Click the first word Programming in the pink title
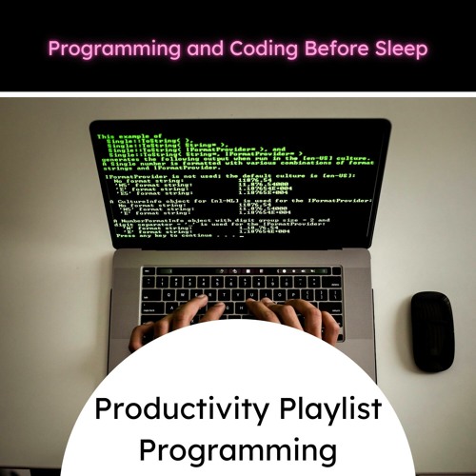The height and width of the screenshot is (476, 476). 114,49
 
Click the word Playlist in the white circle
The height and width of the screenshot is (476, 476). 324,411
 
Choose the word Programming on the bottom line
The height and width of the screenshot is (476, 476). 238,449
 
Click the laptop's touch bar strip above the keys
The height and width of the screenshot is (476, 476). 241,269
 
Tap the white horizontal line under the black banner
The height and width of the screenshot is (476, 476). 238,94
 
